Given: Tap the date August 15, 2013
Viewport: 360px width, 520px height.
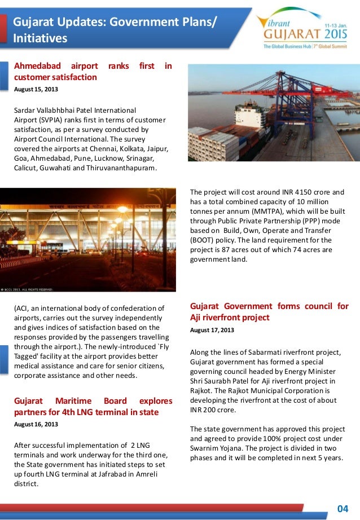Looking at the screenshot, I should click(x=36, y=89).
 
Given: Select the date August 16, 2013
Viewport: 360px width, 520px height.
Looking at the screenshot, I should click(x=36, y=424).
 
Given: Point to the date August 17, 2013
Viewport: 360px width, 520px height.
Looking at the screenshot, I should click(x=212, y=330).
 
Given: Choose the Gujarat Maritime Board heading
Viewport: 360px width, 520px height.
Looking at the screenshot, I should click(x=93, y=407).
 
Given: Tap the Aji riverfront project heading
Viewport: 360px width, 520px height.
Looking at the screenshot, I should click(x=269, y=312).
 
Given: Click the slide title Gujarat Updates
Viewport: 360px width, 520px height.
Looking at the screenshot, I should click(x=113, y=30).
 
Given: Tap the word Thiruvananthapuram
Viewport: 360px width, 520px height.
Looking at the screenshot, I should click(x=126, y=168).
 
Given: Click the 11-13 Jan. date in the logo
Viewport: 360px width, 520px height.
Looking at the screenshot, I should click(x=335, y=26).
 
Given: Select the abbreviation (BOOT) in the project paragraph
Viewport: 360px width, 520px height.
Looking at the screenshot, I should click(x=203, y=240).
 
